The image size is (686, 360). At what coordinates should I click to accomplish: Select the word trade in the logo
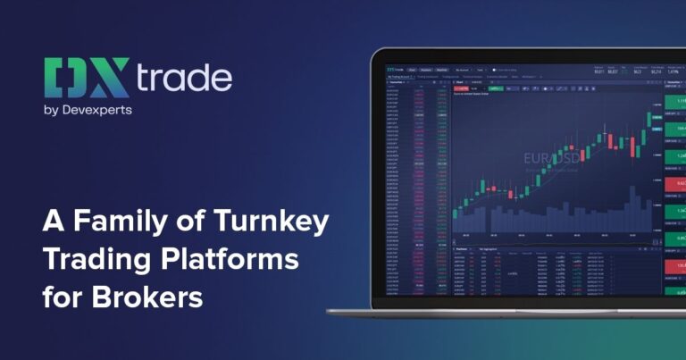click(184, 79)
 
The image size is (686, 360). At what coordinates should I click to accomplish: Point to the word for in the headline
click(65, 297)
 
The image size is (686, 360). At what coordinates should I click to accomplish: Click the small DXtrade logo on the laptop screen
click(394, 68)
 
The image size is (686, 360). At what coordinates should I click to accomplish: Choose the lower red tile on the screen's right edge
click(678, 266)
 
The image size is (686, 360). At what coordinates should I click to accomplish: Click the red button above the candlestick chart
click(463, 89)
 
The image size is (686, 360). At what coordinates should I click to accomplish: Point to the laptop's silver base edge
click(500, 312)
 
